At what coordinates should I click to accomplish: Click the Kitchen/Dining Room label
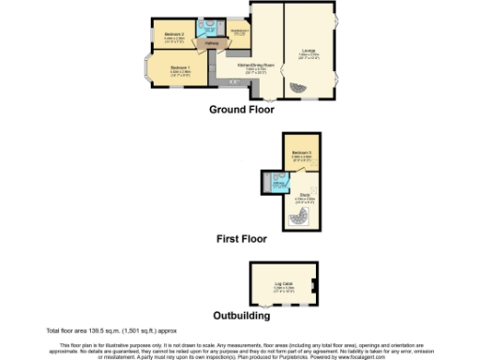tap(248, 67)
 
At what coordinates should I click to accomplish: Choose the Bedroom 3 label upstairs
tap(301, 153)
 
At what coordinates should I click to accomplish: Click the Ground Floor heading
tap(242, 110)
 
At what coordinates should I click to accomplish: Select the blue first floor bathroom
tap(277, 181)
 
